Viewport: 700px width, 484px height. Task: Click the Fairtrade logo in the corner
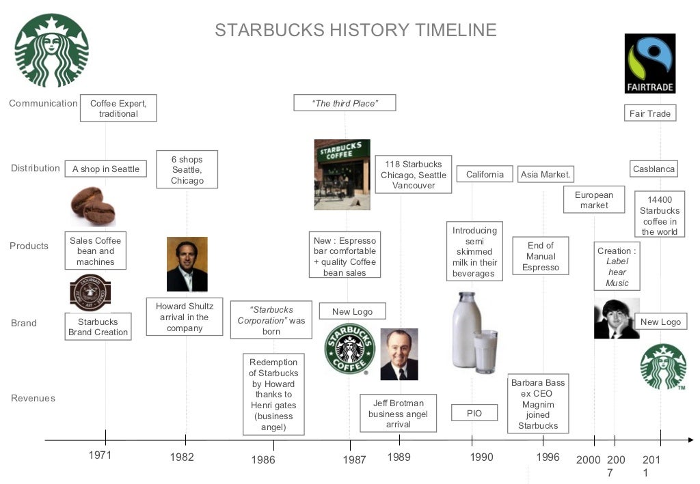coord(650,63)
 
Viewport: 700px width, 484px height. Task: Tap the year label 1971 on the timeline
coord(100,455)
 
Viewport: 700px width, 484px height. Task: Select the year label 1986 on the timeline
coord(262,459)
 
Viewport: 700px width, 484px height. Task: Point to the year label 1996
coord(548,457)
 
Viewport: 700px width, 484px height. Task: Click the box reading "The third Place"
coord(345,103)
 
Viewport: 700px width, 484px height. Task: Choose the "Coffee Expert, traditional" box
coord(118,109)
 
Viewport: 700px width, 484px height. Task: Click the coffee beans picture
coord(93,205)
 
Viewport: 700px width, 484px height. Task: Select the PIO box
coord(474,413)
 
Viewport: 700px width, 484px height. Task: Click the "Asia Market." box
coord(546,175)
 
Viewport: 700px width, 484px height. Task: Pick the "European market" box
coord(593,200)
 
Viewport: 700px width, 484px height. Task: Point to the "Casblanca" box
coord(654,169)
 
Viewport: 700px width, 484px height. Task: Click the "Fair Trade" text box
coord(649,113)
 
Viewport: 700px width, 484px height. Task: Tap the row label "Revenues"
coord(33,398)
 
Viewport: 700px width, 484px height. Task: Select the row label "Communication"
coord(43,103)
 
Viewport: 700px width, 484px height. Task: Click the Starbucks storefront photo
coord(342,175)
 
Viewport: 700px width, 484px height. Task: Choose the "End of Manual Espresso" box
coord(540,257)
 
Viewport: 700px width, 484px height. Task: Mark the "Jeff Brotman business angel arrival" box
coord(398,414)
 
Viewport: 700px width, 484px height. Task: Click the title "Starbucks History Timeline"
coord(355,30)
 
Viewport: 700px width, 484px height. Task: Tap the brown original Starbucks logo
coord(90,293)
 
